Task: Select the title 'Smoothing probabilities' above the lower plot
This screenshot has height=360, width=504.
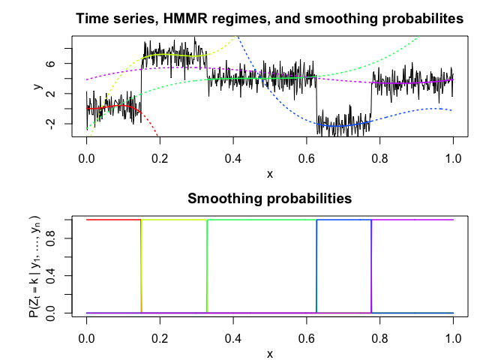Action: pyautogui.click(x=269, y=199)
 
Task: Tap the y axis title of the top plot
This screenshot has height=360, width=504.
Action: pyautogui.click(x=38, y=88)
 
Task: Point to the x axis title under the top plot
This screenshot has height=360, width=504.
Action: pyautogui.click(x=270, y=174)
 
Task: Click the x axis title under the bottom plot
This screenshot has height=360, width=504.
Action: pyautogui.click(x=270, y=353)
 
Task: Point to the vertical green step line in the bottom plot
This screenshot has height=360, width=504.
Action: pyautogui.click(x=206, y=266)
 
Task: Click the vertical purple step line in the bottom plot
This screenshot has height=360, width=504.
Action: pyautogui.click(x=371, y=266)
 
